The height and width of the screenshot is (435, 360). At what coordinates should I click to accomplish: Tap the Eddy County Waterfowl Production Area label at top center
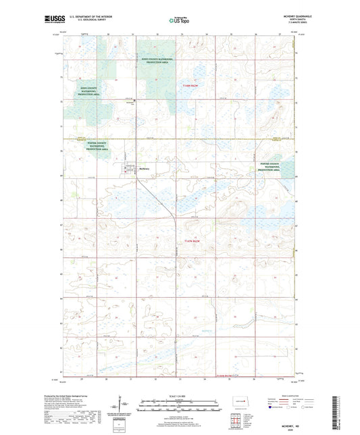[157, 60]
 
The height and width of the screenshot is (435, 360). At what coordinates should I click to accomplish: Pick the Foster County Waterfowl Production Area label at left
[97, 147]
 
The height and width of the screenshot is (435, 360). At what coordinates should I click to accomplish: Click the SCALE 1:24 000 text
[180, 395]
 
